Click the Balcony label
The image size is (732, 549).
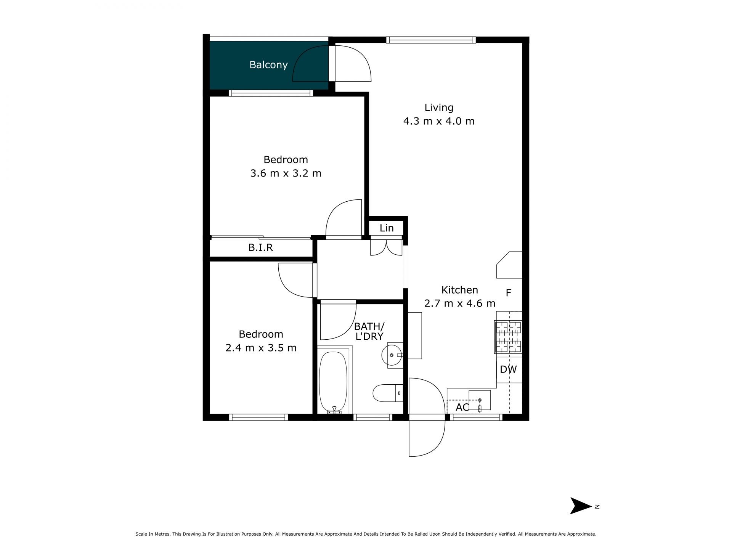268,65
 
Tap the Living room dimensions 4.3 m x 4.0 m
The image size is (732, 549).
439,121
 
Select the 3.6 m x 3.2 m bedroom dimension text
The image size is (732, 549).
286,173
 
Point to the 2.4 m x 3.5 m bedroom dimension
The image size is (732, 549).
261,348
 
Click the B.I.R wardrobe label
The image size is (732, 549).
260,248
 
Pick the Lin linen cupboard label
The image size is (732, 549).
387,228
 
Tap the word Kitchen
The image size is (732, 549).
460,290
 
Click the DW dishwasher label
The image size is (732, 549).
508,369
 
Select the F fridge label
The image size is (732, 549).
508,293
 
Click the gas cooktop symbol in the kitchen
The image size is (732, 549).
508,337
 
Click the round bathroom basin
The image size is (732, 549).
392,355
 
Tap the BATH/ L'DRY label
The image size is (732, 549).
369,331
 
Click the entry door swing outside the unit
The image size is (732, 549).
427,438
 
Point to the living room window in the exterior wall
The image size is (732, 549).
431,40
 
